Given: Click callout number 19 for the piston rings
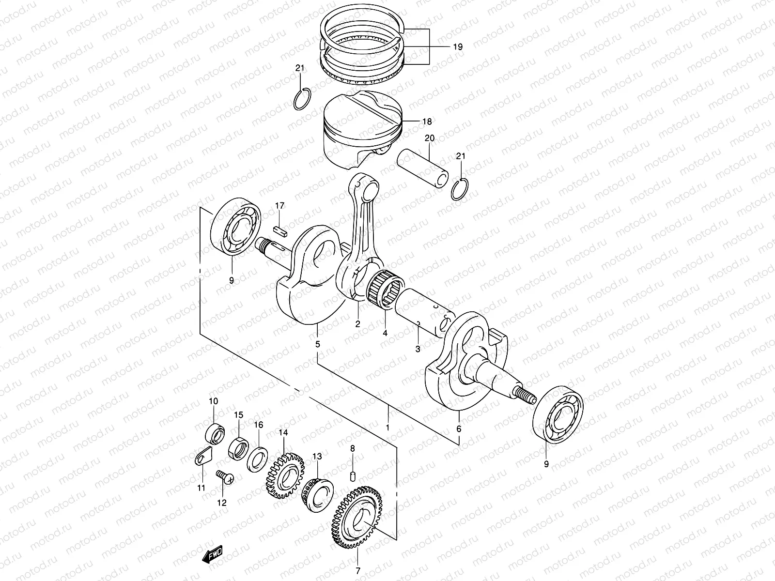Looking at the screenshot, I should click(x=458, y=47).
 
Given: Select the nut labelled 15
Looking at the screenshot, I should click(x=237, y=445).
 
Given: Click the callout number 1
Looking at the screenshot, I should click(x=387, y=428).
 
